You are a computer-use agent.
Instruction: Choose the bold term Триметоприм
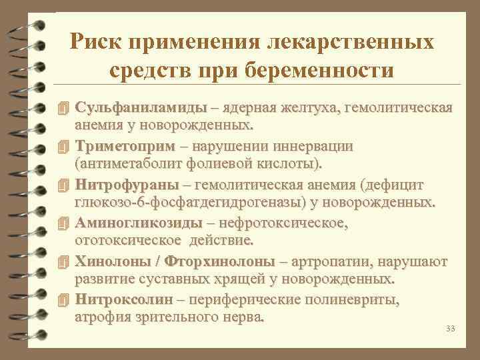tap(125, 146)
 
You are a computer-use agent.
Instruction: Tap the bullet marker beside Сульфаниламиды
tap(63, 108)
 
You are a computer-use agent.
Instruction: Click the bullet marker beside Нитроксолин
tap(63, 298)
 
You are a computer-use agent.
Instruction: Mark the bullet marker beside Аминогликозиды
tap(63, 222)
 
